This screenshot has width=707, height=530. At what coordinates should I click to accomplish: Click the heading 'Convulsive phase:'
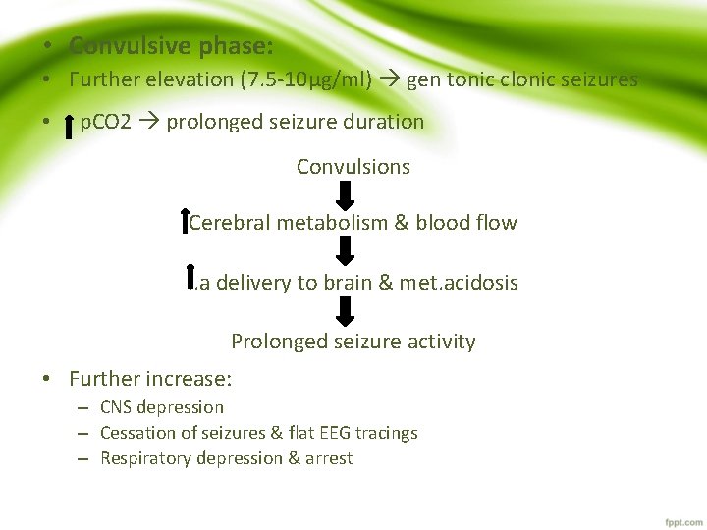coord(171,46)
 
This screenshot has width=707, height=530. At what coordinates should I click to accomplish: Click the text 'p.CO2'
coord(105,122)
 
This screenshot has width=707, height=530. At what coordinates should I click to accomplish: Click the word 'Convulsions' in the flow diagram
coord(353,167)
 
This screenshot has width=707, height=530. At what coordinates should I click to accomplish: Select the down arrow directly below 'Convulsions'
coord(345,194)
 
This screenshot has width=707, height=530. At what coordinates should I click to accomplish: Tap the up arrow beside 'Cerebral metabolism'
coord(186,221)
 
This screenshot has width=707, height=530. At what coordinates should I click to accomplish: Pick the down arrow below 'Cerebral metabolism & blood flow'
coord(345,250)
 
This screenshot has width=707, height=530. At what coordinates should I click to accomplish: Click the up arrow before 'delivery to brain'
coord(190,276)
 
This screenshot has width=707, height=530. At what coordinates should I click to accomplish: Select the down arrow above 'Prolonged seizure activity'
coord(345,311)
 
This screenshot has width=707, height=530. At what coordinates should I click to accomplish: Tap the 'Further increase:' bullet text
coord(150,379)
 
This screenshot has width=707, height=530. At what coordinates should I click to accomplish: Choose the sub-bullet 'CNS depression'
coord(162,407)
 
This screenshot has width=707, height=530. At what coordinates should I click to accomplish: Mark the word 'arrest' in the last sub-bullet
coord(329,458)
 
